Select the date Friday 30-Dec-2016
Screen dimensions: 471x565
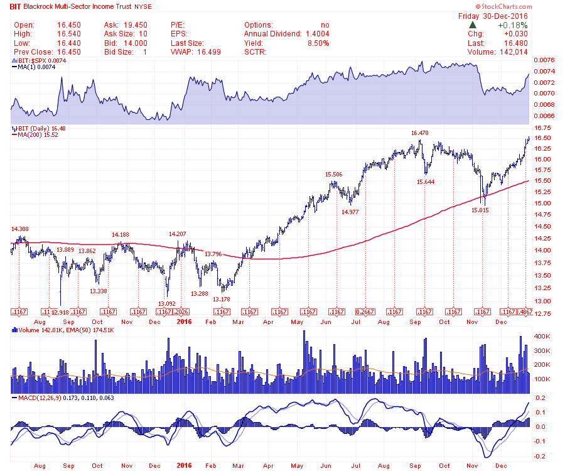click(493, 16)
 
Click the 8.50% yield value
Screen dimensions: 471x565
click(318, 43)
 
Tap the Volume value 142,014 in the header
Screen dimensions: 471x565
click(510, 51)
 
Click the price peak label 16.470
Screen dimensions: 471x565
click(419, 133)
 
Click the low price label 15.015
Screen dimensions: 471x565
click(480, 210)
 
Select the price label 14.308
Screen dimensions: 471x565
click(19, 229)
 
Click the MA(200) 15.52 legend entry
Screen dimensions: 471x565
click(38, 134)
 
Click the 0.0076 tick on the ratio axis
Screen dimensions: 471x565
click(544, 60)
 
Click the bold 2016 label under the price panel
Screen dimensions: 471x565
click(184, 322)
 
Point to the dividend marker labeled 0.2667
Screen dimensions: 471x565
click(365, 312)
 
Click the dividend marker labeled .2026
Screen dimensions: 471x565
click(181, 312)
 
